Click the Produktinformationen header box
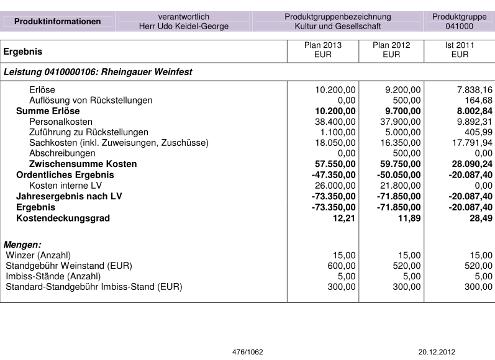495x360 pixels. coord(57,21)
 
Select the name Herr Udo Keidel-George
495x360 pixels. coord(184,26)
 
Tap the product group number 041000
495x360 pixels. coord(459,26)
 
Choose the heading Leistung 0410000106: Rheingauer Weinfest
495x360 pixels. coord(98,72)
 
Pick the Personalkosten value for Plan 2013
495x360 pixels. coord(335,122)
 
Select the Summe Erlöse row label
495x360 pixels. coord(48,111)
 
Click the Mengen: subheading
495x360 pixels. coord(22,245)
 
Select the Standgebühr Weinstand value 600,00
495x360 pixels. coord(342,266)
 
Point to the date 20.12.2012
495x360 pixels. coord(437,352)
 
